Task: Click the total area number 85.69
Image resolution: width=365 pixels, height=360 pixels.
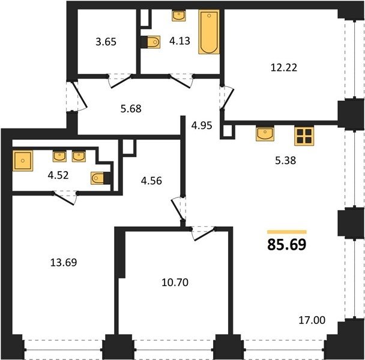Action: (x=287, y=245)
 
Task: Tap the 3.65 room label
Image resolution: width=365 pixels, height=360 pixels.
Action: (x=106, y=42)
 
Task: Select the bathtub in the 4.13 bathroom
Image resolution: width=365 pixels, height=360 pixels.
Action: (x=209, y=32)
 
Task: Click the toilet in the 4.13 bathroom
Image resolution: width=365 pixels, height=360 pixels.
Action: (x=151, y=42)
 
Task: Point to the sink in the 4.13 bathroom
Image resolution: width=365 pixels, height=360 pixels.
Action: (x=179, y=16)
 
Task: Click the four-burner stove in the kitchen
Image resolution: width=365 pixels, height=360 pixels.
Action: (x=304, y=136)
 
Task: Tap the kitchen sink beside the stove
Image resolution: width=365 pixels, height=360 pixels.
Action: (x=265, y=133)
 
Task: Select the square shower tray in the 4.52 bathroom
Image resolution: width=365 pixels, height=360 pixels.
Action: (x=23, y=161)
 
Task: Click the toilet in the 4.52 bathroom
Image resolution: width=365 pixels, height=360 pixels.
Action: (x=101, y=178)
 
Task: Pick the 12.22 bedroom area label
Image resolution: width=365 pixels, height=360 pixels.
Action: (x=284, y=68)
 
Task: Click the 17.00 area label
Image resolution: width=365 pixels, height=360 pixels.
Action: (x=312, y=320)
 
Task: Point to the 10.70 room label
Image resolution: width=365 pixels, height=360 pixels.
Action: (x=175, y=283)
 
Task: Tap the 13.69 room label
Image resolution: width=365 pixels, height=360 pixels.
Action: (x=64, y=262)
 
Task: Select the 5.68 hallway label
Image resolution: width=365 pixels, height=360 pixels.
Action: (x=131, y=109)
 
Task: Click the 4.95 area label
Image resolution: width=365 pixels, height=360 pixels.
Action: (x=202, y=125)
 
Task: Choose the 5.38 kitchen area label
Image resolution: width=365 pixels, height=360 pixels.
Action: (x=285, y=161)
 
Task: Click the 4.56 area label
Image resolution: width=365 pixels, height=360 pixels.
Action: (x=151, y=181)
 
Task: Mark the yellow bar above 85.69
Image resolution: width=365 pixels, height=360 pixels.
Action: (x=287, y=232)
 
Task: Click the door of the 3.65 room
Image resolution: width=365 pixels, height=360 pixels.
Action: (x=120, y=82)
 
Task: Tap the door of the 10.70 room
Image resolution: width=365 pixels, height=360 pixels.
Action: (x=203, y=234)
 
